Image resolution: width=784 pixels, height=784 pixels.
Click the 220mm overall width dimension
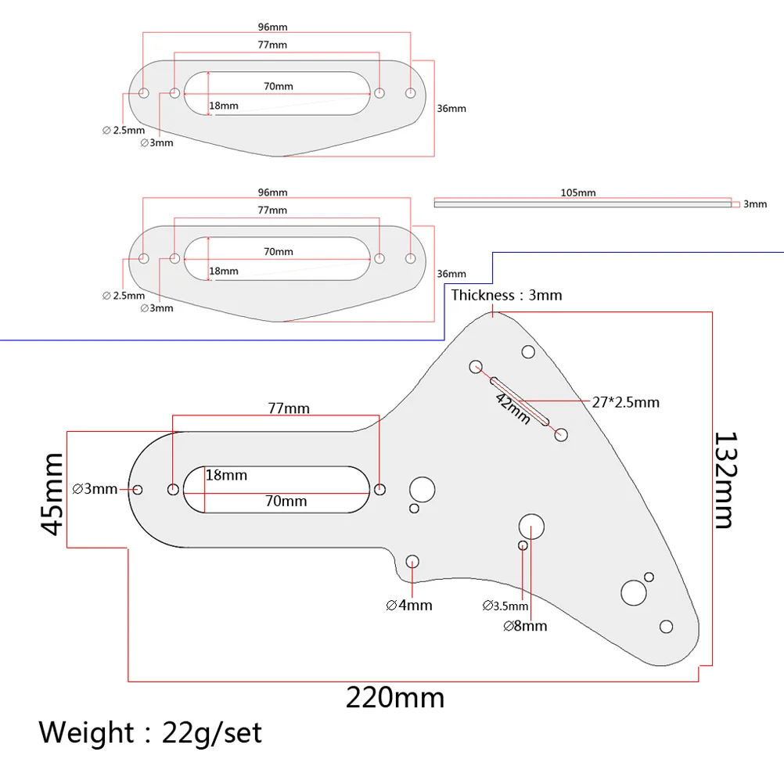pos(395,696)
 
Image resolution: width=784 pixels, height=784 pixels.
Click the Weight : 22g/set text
pos(150,733)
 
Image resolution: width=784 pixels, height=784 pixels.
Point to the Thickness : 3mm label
pos(506,295)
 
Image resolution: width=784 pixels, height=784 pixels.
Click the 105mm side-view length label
pos(578,192)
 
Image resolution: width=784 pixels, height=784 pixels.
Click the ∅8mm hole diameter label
pos(525,625)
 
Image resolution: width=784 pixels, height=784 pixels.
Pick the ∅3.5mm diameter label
pos(505,606)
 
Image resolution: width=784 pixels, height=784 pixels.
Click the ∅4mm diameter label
pos(408,605)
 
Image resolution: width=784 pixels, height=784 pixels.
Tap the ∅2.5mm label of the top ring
pos(124,130)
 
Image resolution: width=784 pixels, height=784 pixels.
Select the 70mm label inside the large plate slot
pos(286,501)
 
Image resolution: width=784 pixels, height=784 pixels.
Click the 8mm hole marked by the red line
pos(531,527)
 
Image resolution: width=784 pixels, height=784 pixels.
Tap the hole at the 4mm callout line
pos(412,560)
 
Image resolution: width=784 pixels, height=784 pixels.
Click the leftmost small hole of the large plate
pos(138,490)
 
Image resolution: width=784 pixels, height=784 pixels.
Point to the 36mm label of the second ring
pos(451,274)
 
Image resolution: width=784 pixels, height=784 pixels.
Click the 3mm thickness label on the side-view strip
pos(754,203)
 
